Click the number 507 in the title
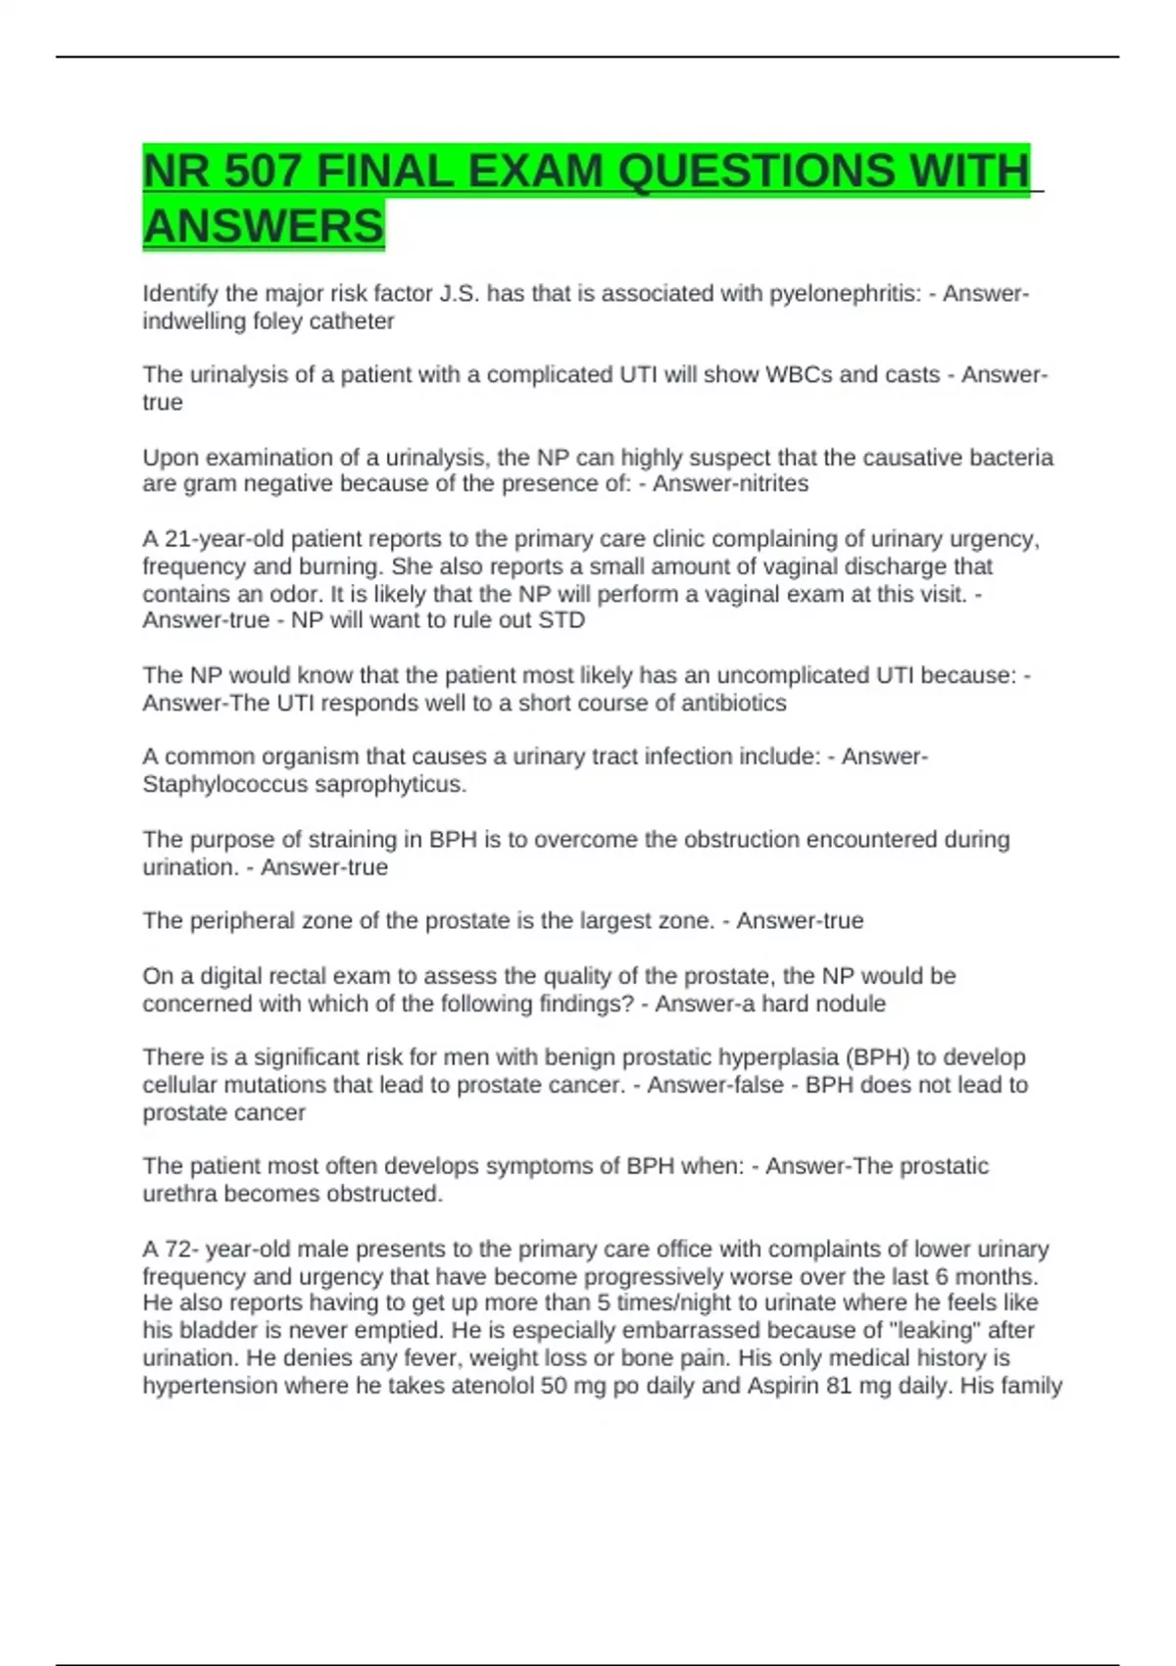coord(262,171)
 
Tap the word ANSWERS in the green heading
coord(264,226)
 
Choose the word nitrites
coord(768,484)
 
